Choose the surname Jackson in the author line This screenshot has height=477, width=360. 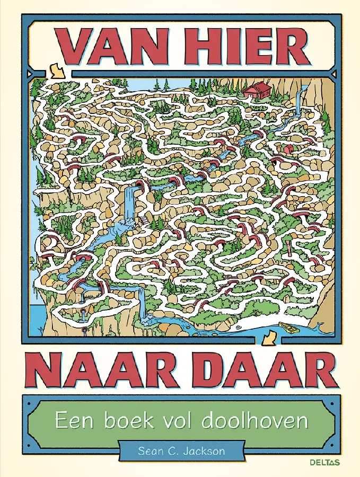(208, 452)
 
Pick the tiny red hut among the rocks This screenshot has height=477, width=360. (287, 150)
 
